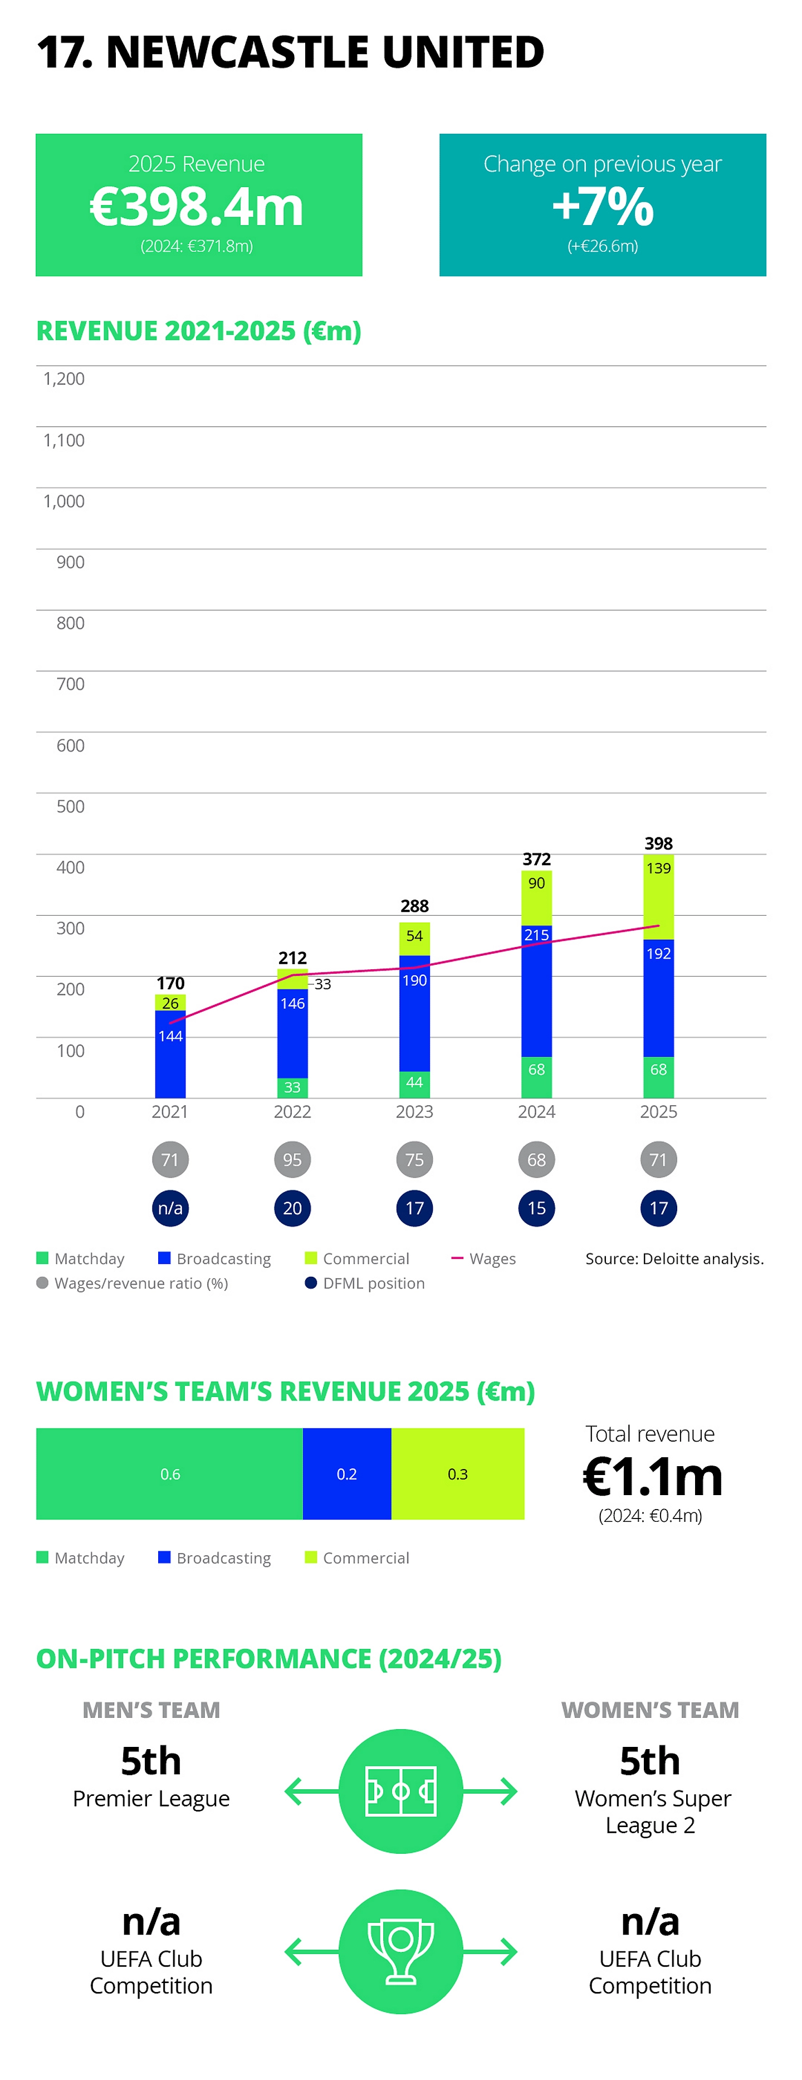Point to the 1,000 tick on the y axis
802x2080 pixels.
point(64,501)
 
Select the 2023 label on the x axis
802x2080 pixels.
point(414,1112)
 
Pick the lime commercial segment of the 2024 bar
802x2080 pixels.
point(536,896)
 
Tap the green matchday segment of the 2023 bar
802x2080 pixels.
point(414,1083)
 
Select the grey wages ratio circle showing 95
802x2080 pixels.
point(292,1160)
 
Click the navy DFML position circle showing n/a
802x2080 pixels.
point(170,1209)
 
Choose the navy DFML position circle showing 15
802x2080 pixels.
point(536,1209)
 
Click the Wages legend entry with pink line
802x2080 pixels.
point(484,1259)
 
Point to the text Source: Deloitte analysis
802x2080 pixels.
point(674,1259)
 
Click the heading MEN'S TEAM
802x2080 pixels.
point(151,1710)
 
